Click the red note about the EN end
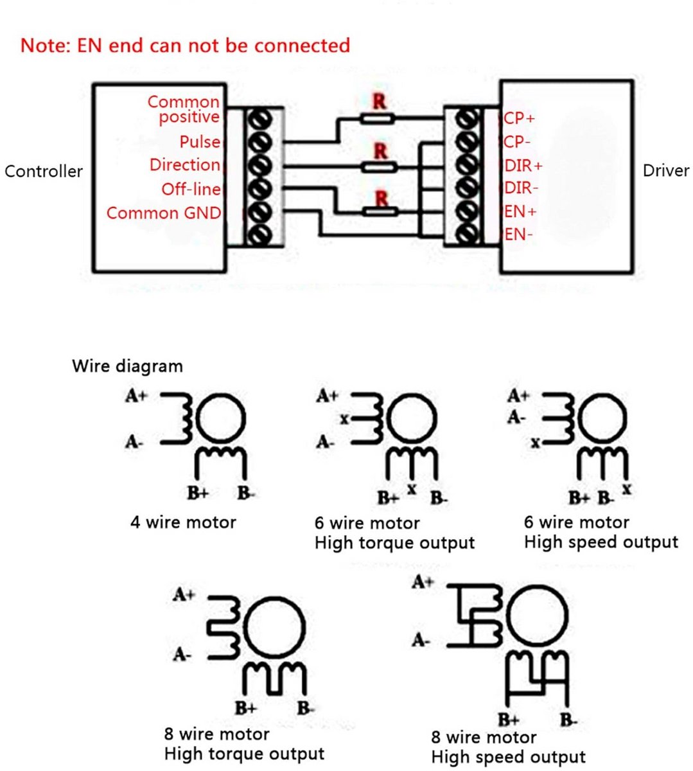[x=185, y=46]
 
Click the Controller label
[x=44, y=172]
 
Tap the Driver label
[x=666, y=171]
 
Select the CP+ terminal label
[x=519, y=118]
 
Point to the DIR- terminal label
[x=521, y=188]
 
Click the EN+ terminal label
[x=520, y=212]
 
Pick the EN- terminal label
[x=518, y=235]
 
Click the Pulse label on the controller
[x=200, y=142]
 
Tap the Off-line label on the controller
[x=191, y=189]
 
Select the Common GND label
[x=164, y=213]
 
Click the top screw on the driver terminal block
[x=467, y=119]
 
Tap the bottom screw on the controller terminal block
[x=259, y=235]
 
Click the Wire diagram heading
[x=127, y=366]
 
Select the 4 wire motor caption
[x=183, y=522]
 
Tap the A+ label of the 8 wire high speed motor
[x=423, y=582]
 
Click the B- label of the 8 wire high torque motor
[x=306, y=707]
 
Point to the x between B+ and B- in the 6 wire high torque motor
[x=412, y=489]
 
